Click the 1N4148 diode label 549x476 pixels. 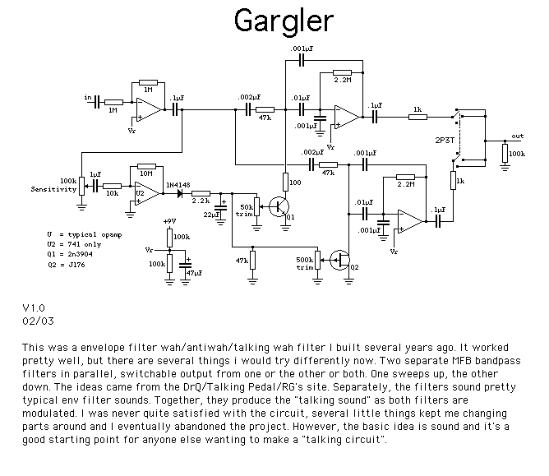(178, 184)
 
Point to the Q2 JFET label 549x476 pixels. (354, 267)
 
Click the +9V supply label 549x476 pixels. (171, 222)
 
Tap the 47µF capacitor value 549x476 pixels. (196, 271)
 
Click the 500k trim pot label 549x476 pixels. (304, 263)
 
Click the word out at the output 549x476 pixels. (517, 136)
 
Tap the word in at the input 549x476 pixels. (88, 98)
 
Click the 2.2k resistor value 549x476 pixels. (200, 201)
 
